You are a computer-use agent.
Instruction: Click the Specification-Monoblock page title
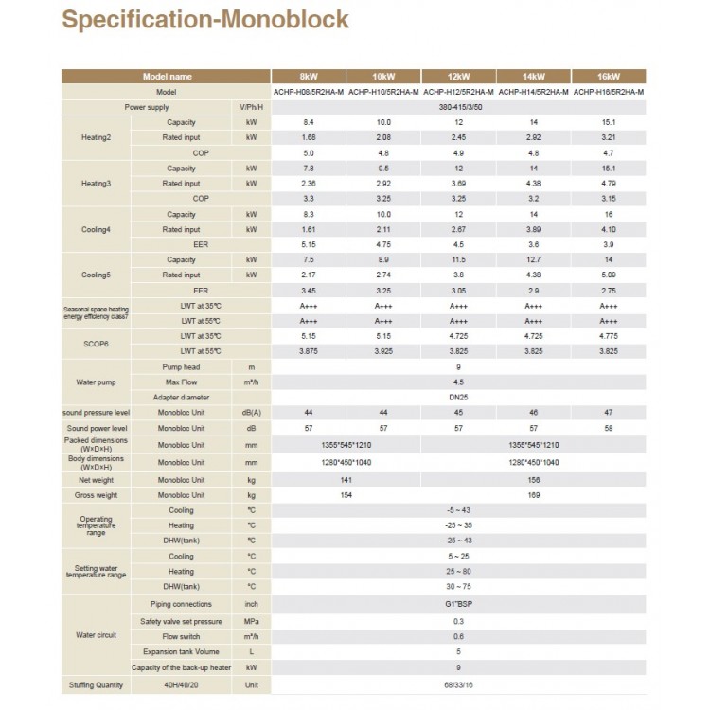point(205,19)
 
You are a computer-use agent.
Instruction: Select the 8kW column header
point(308,76)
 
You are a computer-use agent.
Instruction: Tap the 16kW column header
point(609,76)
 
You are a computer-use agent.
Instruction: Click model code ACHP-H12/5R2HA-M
point(458,92)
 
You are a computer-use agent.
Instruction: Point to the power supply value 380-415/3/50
point(458,108)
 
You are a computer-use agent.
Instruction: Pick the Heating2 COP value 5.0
point(308,153)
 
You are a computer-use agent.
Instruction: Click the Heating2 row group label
point(96,138)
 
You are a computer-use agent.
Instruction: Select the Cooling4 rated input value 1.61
point(308,229)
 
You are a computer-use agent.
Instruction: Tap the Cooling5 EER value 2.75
point(609,291)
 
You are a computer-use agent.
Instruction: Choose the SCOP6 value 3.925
point(383,351)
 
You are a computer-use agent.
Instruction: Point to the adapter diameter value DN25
point(458,398)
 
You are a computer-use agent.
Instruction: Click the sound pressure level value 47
point(609,413)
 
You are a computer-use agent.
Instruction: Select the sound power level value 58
point(609,428)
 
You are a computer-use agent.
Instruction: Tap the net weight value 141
point(345,480)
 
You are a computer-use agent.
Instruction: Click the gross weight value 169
point(533,495)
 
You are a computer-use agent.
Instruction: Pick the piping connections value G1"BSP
point(458,604)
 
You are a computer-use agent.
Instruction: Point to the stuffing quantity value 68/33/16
point(458,683)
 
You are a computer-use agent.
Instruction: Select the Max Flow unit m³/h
point(251,382)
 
